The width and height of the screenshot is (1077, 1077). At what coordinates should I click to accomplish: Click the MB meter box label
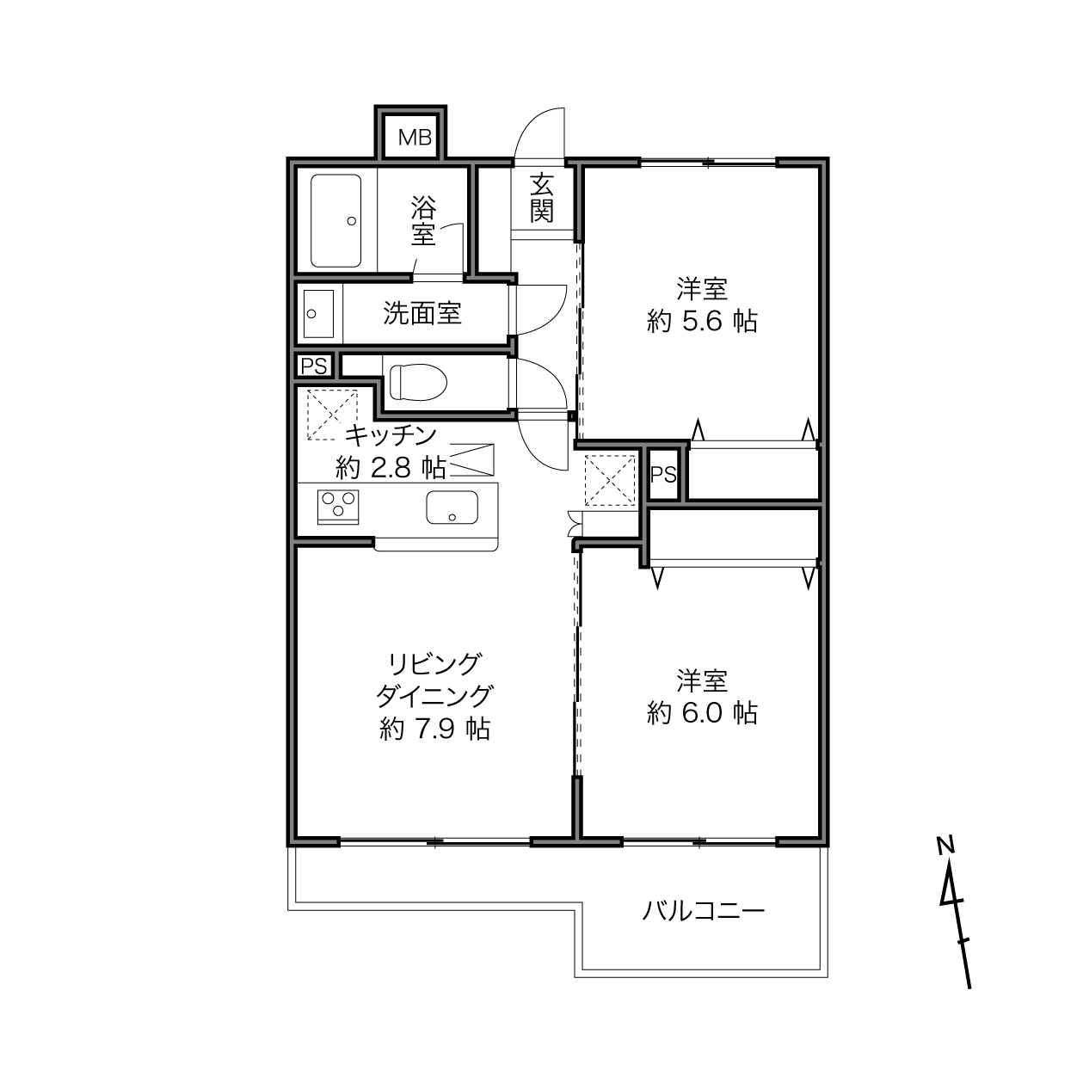[415, 137]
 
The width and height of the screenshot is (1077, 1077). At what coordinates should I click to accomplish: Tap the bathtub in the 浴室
[335, 221]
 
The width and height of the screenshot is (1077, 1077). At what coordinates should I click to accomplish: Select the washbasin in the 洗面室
[318, 313]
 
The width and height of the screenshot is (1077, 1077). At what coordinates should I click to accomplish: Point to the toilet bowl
[418, 382]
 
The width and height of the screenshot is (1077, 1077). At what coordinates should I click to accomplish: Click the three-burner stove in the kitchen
[338, 507]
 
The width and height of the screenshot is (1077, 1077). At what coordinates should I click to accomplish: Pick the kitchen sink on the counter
[452, 508]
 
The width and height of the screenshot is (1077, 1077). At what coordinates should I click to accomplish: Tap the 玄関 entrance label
[542, 198]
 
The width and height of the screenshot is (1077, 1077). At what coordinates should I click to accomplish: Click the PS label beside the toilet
[313, 366]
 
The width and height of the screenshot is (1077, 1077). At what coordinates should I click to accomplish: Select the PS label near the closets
[663, 475]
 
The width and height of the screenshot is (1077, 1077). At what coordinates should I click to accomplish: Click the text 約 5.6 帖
[702, 322]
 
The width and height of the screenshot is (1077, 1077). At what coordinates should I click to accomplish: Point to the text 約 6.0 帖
[702, 712]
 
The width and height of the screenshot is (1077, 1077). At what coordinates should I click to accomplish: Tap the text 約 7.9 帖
[434, 729]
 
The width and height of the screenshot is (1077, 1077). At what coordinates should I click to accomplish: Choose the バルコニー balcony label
[703, 912]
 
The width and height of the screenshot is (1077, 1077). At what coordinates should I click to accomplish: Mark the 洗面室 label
[422, 313]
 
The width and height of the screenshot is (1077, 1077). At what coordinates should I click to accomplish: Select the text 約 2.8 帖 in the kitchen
[391, 467]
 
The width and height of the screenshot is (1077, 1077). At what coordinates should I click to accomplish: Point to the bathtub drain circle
[352, 221]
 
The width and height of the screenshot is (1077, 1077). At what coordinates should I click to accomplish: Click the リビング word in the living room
[434, 664]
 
